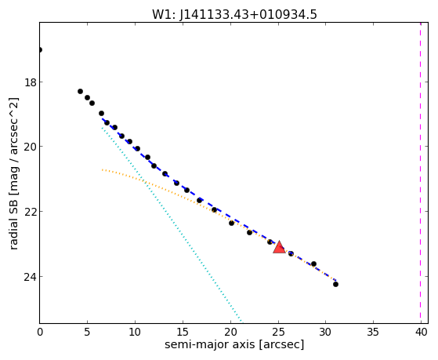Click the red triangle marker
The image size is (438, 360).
pyautogui.click(x=279, y=247)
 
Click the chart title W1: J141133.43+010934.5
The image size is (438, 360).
pyautogui.click(x=234, y=15)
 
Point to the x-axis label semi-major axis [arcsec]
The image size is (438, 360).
pyautogui.click(x=234, y=344)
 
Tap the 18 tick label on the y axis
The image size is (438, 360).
pyautogui.click(x=31, y=82)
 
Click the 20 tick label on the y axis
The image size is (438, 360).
pyautogui.click(x=31, y=147)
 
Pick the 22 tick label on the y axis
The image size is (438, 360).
pyautogui.click(x=31, y=212)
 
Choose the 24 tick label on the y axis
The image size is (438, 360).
pyautogui.click(x=31, y=277)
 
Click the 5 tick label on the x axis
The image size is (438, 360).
pyautogui.click(x=87, y=332)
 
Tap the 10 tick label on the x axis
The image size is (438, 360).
pyautogui.click(x=135, y=332)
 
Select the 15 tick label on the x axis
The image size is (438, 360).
pyautogui.click(x=183, y=332)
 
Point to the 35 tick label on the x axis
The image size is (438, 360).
pyautogui.click(x=373, y=332)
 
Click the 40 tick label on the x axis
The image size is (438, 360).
pyautogui.click(x=422, y=332)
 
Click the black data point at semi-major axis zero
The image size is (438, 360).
pyautogui.click(x=40, y=49)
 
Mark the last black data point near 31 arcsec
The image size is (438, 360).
pyautogui.click(x=336, y=284)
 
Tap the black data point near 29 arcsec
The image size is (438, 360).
pyautogui.click(x=313, y=264)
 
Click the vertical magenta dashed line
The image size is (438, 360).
pyautogui.click(x=421, y=173)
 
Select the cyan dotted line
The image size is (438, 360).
pyautogui.click(x=172, y=224)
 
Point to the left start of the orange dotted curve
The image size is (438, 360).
pyautogui.click(x=102, y=169)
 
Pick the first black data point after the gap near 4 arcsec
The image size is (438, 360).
pyautogui.click(x=80, y=91)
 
